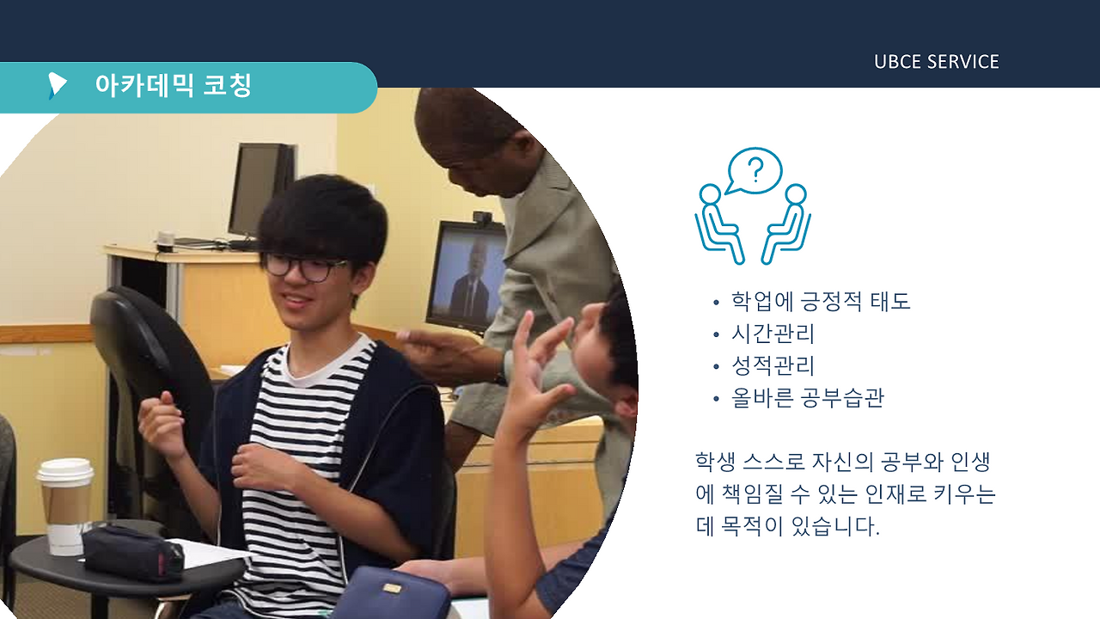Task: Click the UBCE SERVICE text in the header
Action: click(x=936, y=62)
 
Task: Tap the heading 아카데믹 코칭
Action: click(x=173, y=86)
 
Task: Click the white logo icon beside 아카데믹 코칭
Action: click(x=57, y=85)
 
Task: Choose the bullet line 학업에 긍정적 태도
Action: click(x=820, y=302)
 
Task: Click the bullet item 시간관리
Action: click(x=772, y=334)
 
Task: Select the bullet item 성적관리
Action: click(x=772, y=366)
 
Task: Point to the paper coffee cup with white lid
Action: click(x=65, y=504)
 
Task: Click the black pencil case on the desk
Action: click(x=133, y=553)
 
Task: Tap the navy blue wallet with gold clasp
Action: click(x=390, y=593)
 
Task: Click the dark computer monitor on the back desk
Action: click(x=260, y=189)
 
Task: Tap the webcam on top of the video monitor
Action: click(x=482, y=218)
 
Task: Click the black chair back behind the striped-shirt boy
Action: click(x=146, y=361)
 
